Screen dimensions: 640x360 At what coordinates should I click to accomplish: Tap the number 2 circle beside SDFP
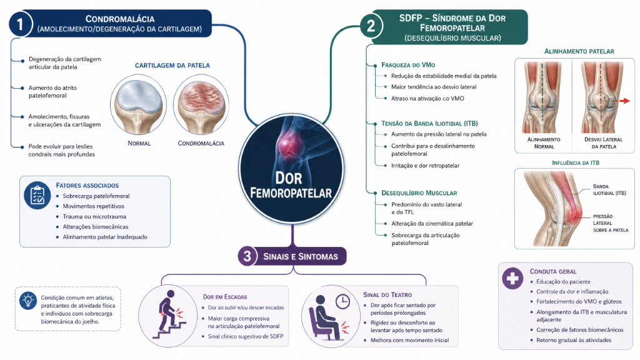tap(371, 26)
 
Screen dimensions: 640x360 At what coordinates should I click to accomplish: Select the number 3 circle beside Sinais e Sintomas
tap(247, 256)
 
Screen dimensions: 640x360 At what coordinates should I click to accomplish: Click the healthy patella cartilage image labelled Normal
tap(138, 105)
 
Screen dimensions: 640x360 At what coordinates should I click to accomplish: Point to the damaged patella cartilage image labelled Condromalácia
tap(201, 105)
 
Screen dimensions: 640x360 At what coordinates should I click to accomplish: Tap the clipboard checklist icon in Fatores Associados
tap(37, 196)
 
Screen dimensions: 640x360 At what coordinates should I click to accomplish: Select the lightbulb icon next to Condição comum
tap(28, 301)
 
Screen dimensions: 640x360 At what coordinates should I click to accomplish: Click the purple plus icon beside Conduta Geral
tap(512, 278)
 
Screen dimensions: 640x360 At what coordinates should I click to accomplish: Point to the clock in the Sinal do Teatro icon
tap(342, 301)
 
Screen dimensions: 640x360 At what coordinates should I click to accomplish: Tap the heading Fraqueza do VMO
tap(408, 65)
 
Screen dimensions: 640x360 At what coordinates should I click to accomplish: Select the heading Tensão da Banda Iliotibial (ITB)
tap(429, 123)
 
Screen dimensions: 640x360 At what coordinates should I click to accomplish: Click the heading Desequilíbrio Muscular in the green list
tap(419, 193)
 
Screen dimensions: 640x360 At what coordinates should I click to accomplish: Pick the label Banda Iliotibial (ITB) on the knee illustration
tap(609, 190)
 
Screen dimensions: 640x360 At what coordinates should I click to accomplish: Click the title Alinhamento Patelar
tap(579, 51)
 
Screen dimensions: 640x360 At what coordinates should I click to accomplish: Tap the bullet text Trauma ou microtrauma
tap(94, 217)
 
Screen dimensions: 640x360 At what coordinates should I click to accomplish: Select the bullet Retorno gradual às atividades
tap(574, 340)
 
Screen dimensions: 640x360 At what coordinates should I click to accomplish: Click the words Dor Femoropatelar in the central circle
tap(291, 185)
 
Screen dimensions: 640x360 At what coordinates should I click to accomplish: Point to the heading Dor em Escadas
tap(225, 297)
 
